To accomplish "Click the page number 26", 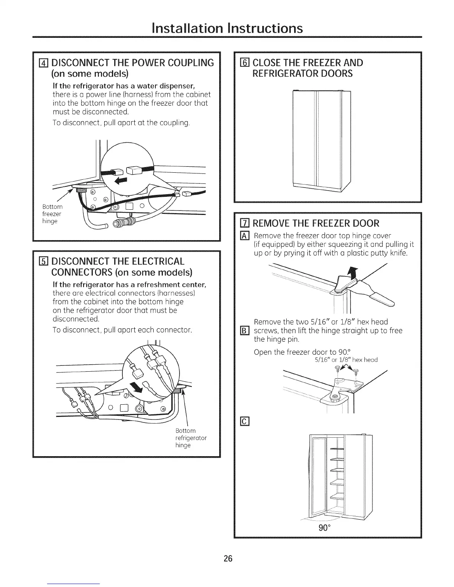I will click(227, 558).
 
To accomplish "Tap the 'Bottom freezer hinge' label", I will click(52, 214).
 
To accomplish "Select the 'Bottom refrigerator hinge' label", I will click(190, 438).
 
